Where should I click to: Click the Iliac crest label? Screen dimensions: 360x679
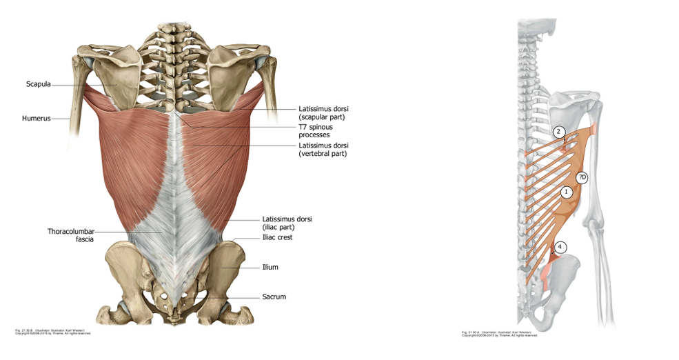(x=277, y=237)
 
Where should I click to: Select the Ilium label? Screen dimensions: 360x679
(x=270, y=267)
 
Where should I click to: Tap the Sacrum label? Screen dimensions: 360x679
(x=274, y=297)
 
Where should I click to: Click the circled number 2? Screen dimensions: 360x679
(x=559, y=132)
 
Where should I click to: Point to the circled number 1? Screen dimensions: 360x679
(x=566, y=192)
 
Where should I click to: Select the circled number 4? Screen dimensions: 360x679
(x=560, y=246)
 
